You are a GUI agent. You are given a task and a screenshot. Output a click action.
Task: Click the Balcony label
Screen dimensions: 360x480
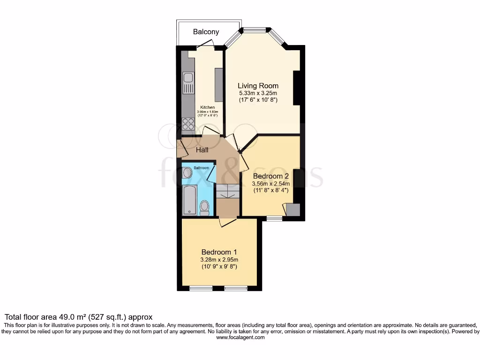coord(206,32)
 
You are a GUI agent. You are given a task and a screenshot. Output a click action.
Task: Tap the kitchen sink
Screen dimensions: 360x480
coord(188,83)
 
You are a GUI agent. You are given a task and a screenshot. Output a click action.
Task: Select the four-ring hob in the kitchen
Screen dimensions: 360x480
coord(188,124)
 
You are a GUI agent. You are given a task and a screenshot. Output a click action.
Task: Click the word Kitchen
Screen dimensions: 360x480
coord(208,107)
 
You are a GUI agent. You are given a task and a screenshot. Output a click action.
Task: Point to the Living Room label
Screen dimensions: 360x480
coord(258,86)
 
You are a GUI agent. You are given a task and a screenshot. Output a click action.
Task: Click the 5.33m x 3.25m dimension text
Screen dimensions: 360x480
coord(258,93)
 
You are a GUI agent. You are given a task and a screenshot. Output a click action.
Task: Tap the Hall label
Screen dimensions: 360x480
coord(202,150)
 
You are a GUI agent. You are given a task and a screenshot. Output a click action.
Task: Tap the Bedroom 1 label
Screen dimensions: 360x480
coord(219,252)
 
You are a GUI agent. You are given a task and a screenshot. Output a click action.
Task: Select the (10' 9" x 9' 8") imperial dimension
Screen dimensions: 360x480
coord(219,266)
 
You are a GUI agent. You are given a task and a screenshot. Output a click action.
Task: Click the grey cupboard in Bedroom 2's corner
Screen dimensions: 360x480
coord(293,210)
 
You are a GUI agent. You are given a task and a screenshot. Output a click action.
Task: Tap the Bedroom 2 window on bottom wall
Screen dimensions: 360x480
coord(275,218)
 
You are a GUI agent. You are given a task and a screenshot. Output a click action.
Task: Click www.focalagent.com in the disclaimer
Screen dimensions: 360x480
coord(240,337)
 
